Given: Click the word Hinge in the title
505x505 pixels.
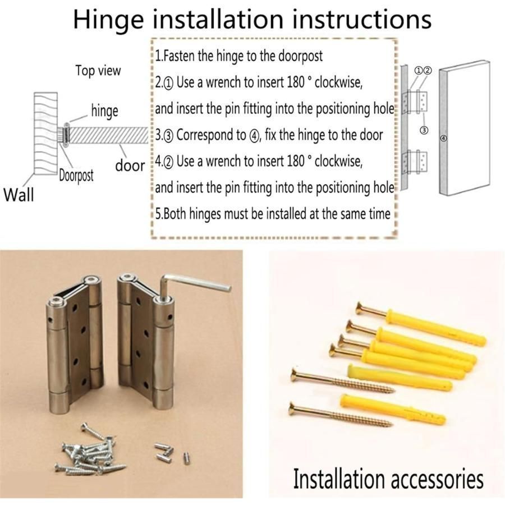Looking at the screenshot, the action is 109,20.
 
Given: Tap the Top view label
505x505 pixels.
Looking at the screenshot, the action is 98,70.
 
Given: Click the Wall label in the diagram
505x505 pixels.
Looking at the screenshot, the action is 19,195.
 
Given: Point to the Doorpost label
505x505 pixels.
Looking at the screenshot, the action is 76,176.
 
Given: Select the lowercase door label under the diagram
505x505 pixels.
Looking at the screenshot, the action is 130,166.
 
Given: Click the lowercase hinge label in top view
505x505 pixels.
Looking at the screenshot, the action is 105,111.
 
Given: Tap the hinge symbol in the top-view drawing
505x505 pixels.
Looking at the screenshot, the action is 66,135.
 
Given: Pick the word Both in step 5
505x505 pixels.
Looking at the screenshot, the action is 175,214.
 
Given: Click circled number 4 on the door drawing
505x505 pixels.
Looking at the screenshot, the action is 444,138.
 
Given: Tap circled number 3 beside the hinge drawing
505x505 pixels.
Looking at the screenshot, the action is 424,130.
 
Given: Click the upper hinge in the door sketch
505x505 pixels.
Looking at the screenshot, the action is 415,102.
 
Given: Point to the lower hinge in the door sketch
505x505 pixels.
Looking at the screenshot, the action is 415,162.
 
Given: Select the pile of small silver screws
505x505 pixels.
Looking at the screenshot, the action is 90,451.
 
